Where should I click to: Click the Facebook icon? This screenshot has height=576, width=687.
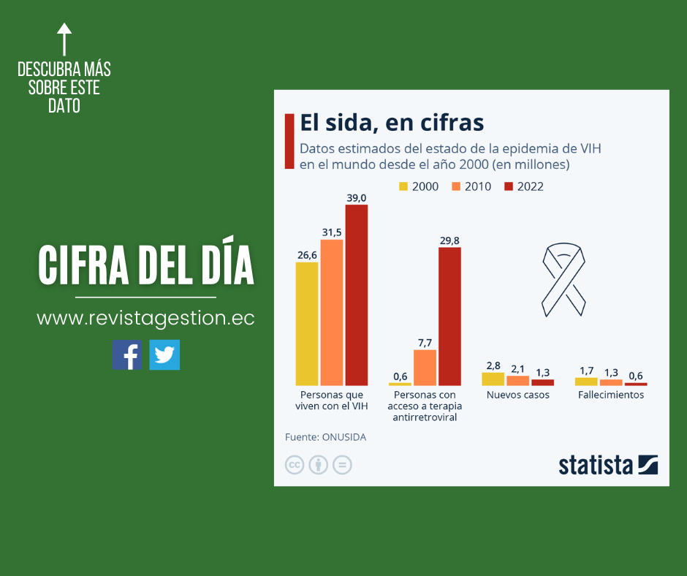pyautogui.click(x=127, y=355)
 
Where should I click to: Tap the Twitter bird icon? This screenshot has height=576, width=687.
pyautogui.click(x=164, y=355)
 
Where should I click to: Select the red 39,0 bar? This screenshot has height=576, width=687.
pyautogui.click(x=357, y=295)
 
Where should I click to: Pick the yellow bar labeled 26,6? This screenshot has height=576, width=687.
pyautogui.click(x=307, y=323)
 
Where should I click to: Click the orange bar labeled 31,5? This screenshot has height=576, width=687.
pyautogui.click(x=332, y=312)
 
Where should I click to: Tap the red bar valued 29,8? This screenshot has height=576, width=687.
pyautogui.click(x=449, y=316)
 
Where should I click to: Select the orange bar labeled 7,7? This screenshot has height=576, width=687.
pyautogui.click(x=425, y=367)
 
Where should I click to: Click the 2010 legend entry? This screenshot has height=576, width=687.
pyautogui.click(x=471, y=186)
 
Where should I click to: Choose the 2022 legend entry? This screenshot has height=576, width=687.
pyautogui.click(x=523, y=186)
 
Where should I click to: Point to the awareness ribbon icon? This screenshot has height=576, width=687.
pyautogui.click(x=563, y=281)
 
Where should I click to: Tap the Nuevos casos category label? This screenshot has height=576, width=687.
pyautogui.click(x=518, y=395)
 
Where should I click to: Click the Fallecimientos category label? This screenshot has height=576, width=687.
pyautogui.click(x=611, y=395)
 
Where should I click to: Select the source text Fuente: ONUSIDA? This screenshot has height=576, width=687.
pyautogui.click(x=325, y=437)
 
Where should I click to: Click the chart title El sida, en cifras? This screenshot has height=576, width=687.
pyautogui.click(x=392, y=122)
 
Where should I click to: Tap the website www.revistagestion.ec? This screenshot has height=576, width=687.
pyautogui.click(x=145, y=319)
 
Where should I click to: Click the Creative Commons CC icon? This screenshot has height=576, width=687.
pyautogui.click(x=294, y=465)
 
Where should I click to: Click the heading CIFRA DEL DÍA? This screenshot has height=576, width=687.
pyautogui.click(x=146, y=265)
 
